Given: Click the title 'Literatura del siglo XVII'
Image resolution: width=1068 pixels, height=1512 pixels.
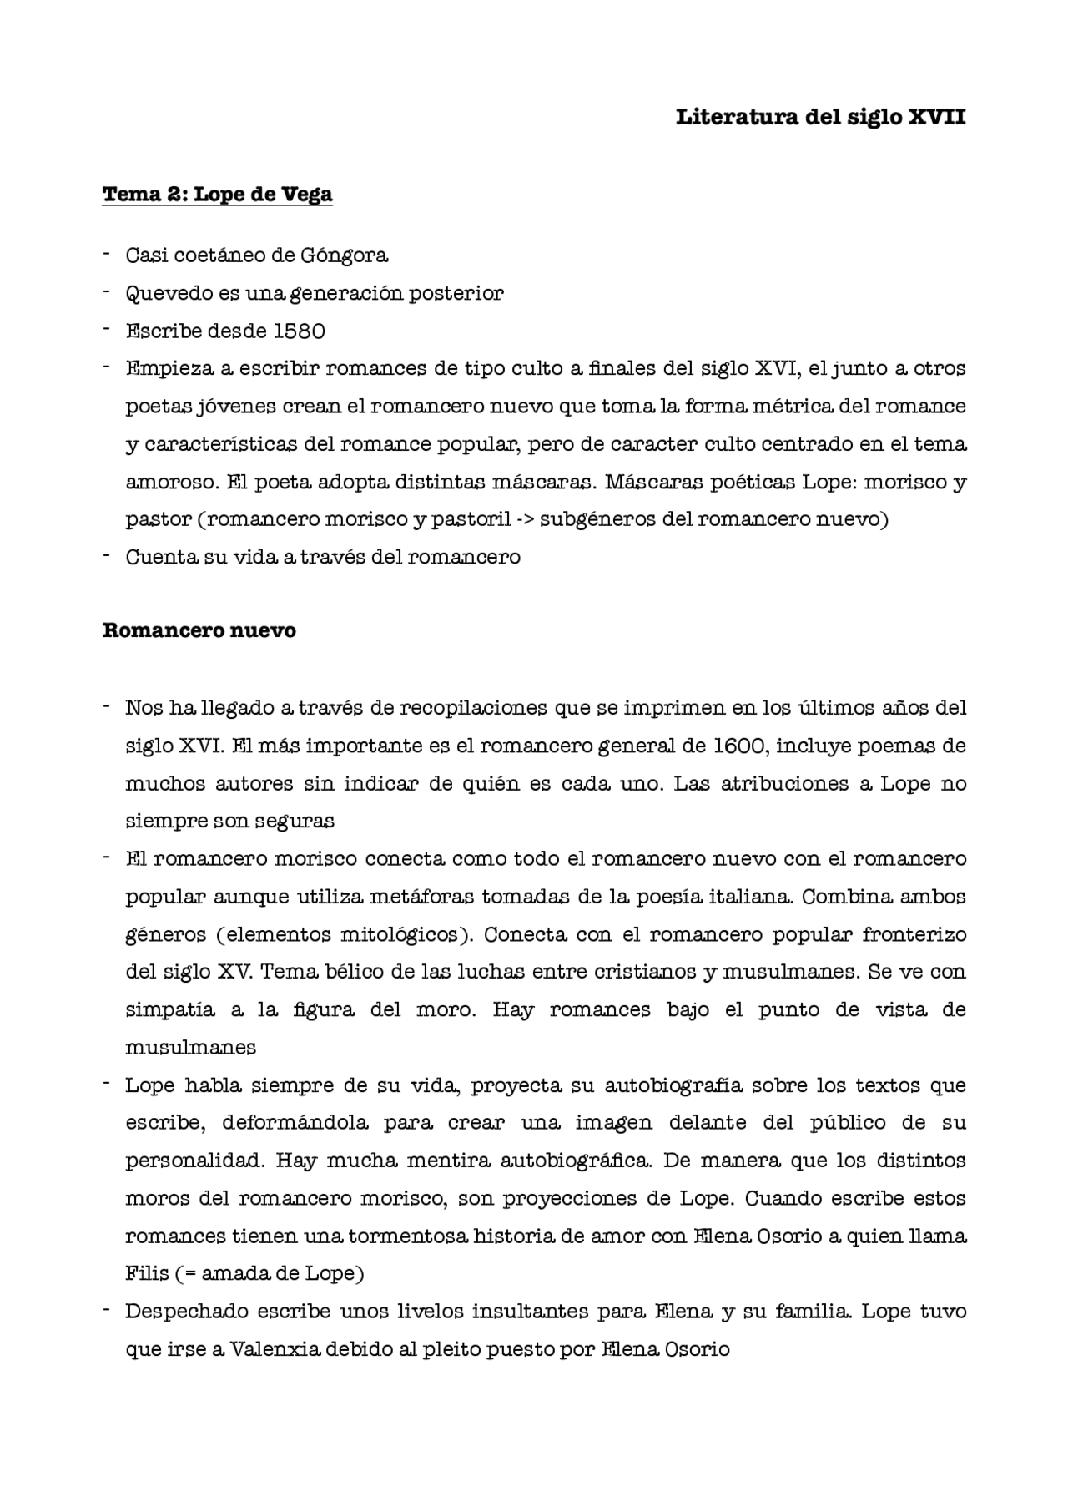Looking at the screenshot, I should pyautogui.click(x=820, y=117).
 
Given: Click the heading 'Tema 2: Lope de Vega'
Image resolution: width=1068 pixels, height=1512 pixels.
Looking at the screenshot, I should pyautogui.click(x=217, y=195).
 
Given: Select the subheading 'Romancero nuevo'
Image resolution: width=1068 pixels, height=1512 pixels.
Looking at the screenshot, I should pyautogui.click(x=199, y=630).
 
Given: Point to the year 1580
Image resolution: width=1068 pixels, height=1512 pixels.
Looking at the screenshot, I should pyautogui.click(x=299, y=331).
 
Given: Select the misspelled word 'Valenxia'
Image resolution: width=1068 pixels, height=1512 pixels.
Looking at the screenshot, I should pyautogui.click(x=275, y=1349).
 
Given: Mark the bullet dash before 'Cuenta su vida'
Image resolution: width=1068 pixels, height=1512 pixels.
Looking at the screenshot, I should pyautogui.click(x=107, y=556).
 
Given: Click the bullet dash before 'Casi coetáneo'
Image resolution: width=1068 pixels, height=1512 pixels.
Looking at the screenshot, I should pyautogui.click(x=107, y=254).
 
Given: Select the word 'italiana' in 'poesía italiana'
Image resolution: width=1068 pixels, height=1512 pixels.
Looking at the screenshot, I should pyautogui.click(x=751, y=897).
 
